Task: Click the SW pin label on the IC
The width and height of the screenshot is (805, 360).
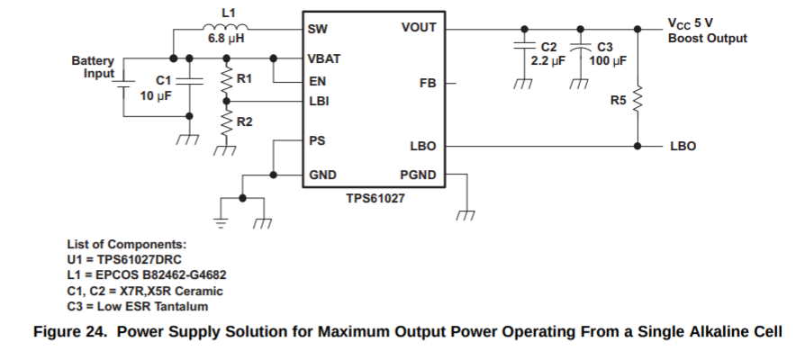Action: pos(317,28)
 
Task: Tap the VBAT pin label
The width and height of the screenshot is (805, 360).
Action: pos(324,58)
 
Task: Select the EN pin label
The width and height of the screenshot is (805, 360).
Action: pos(316,80)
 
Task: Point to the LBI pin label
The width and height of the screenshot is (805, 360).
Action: pos(318,101)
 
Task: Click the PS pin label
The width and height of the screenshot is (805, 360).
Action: pos(316,141)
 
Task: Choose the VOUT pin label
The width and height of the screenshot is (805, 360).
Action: pos(419,28)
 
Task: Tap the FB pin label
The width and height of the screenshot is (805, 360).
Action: pos(428,83)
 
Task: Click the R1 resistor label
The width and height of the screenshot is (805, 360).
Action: pos(243,79)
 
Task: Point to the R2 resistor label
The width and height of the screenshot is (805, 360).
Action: pos(243,121)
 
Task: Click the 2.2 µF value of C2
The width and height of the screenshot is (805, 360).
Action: pos(547,61)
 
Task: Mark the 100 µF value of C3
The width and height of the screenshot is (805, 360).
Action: pos(608,61)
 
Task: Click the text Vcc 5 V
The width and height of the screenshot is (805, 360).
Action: pos(691,24)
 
